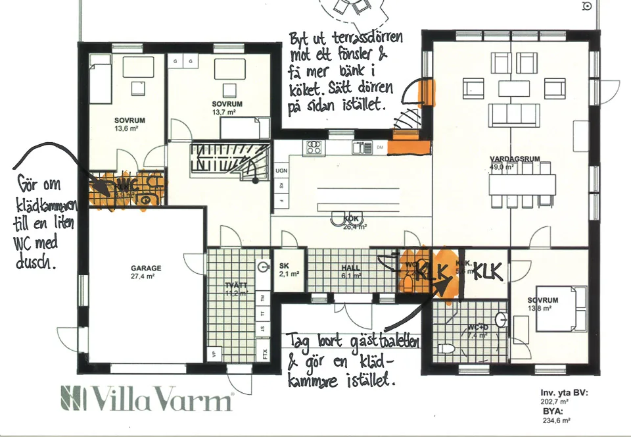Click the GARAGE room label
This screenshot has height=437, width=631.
(146, 269)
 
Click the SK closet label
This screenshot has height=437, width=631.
(285, 267)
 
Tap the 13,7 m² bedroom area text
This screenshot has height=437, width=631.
(223, 113)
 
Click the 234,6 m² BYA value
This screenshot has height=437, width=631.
(555, 420)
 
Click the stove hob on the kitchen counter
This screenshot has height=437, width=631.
(312, 147)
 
